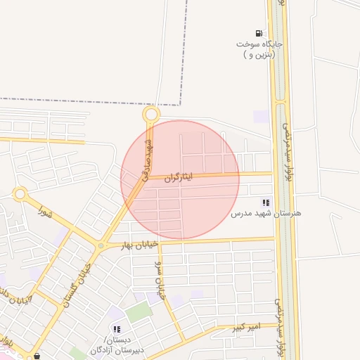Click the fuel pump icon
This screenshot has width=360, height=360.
(x=259, y=33)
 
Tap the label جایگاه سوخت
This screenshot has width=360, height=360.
(x=259, y=44)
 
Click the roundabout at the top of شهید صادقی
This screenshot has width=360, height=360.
(x=150, y=114)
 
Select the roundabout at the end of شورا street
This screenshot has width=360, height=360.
(x=20, y=193)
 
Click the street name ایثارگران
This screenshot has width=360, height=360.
(x=178, y=179)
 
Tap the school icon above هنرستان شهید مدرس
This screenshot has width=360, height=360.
(x=265, y=202)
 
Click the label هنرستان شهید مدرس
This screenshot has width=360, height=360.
(x=266, y=212)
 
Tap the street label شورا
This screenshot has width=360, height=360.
(x=46, y=211)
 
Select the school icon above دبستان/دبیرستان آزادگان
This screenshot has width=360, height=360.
(x=116, y=328)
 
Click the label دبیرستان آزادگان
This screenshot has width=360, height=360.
(x=117, y=349)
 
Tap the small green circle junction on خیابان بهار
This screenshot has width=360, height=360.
(x=101, y=245)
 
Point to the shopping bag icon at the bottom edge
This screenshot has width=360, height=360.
(x=37, y=356)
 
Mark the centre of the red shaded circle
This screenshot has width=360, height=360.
(x=180, y=179)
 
